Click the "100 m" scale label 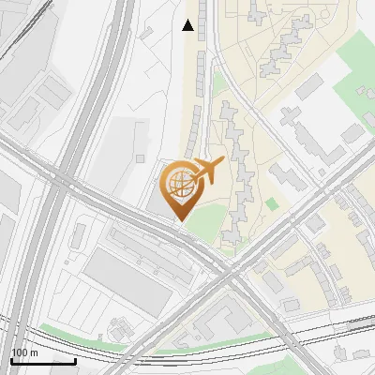point(24,352)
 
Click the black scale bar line point(43,361)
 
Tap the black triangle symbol point(188,26)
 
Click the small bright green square point(272,203)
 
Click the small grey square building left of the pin point(141,130)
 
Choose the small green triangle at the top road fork point(218,83)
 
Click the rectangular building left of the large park point(309,88)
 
